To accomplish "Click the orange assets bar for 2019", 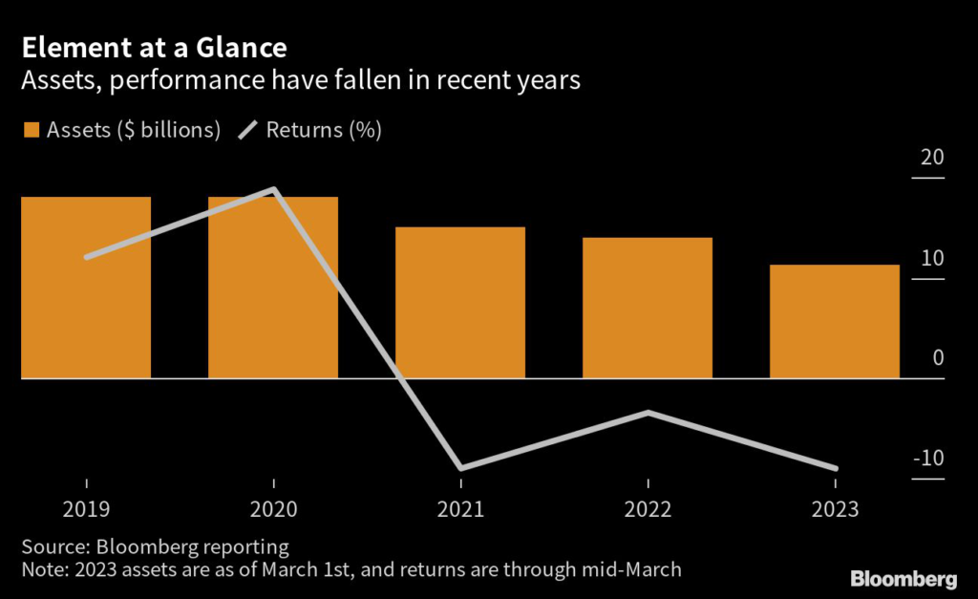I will [x=86, y=288].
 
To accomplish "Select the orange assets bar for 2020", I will [x=273, y=288].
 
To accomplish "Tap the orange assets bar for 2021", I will [x=460, y=303].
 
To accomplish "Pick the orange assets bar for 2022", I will [x=648, y=308].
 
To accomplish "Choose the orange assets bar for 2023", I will [x=835, y=321].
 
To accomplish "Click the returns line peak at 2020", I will [x=274, y=189].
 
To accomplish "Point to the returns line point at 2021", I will [x=460, y=468].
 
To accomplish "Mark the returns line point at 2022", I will [x=648, y=412].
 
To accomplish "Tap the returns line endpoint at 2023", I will [x=835, y=468].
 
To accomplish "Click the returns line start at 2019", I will [x=87, y=257].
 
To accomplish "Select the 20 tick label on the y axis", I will [x=932, y=159].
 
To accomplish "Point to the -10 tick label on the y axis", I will [x=928, y=458].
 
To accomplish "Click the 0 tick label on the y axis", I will [x=938, y=358].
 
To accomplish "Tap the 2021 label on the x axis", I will [x=460, y=510].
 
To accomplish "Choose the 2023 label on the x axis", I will [x=835, y=510].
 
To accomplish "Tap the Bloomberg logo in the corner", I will [x=904, y=579].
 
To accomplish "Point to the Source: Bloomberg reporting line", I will [x=155, y=547].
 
